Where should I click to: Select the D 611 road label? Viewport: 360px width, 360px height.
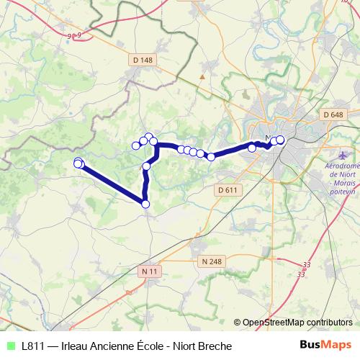(x=226, y=189)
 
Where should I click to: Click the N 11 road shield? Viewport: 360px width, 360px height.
(x=149, y=271)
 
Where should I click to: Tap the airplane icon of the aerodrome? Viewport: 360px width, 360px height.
(x=343, y=156)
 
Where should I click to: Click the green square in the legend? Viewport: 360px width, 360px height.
(x=10, y=346)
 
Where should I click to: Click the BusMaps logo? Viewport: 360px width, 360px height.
(x=325, y=346)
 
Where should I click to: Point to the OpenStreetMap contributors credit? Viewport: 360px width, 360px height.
(x=297, y=322)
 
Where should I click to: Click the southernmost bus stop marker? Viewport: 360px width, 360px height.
(x=145, y=204)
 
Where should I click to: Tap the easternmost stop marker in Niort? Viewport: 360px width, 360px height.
(x=281, y=140)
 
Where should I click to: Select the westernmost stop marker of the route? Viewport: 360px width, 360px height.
(x=78, y=163)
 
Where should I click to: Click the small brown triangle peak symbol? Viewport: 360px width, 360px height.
(x=203, y=75)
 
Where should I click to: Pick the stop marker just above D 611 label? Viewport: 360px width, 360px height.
(x=211, y=157)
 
